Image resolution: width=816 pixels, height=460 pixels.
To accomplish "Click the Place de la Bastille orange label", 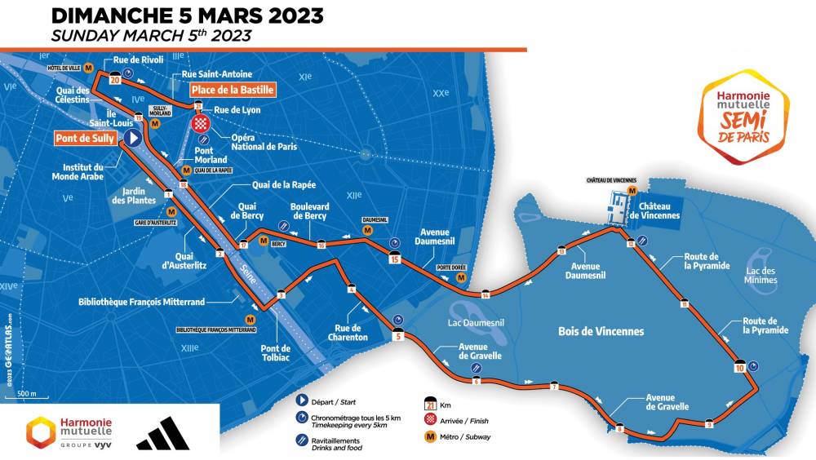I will point(233,90).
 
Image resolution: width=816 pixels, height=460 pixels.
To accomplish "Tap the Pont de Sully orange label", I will point(85,139).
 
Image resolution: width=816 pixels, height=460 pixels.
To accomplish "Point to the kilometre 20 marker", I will point(115,80).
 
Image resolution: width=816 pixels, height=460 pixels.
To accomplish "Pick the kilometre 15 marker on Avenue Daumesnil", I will point(395,260).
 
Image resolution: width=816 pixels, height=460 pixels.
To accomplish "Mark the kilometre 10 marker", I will point(739,366).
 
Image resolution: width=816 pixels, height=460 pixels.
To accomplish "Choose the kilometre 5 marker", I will point(399,334).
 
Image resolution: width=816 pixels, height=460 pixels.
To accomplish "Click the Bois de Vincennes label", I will point(601,331).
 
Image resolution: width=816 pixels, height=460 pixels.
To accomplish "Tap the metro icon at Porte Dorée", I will point(461,277).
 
